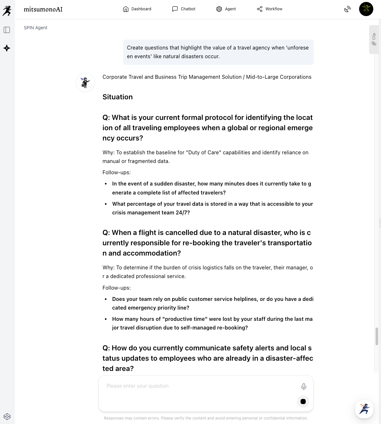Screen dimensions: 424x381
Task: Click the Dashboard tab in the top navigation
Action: (137, 9)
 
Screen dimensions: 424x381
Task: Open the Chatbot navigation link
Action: (184, 9)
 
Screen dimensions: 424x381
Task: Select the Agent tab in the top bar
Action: (226, 9)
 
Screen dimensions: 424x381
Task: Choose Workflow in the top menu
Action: (270, 9)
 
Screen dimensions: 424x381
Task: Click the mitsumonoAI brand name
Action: (43, 9)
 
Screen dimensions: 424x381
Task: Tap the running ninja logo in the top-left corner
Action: (7, 10)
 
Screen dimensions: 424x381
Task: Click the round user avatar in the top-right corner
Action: (366, 9)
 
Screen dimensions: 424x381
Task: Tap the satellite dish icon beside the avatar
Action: (347, 9)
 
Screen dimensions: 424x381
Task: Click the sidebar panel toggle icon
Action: (7, 30)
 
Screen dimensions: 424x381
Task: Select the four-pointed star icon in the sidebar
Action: (7, 48)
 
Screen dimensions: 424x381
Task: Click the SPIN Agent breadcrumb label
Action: (35, 28)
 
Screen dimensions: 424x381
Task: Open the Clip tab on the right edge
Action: (374, 39)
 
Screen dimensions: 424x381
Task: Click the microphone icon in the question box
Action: (303, 386)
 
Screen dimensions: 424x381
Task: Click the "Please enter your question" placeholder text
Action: (137, 386)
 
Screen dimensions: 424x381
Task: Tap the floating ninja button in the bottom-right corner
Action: (364, 409)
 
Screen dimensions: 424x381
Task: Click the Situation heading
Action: (117, 97)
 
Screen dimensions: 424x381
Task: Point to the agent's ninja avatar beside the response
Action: (85, 82)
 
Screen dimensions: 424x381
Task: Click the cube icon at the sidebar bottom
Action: (7, 417)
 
